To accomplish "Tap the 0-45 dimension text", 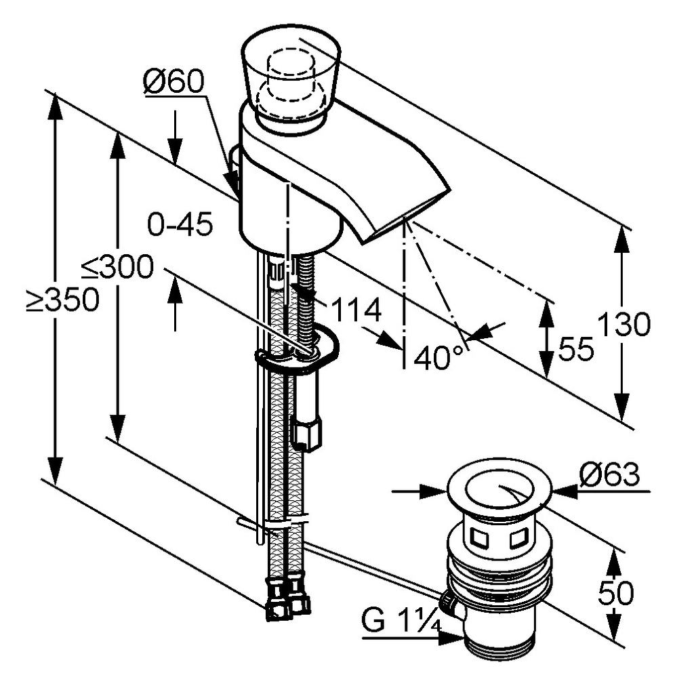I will click(x=180, y=224).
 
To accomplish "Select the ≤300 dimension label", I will click(x=118, y=268).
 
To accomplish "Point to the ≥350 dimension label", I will click(x=63, y=300).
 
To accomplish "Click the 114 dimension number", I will click(x=355, y=311).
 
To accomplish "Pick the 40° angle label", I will click(x=440, y=357).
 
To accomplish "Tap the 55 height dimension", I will click(x=576, y=349).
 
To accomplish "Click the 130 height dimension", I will click(x=624, y=325).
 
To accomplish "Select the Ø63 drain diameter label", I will click(x=609, y=475).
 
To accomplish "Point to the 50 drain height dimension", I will click(x=615, y=594).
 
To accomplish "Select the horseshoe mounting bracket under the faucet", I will click(x=298, y=352).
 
